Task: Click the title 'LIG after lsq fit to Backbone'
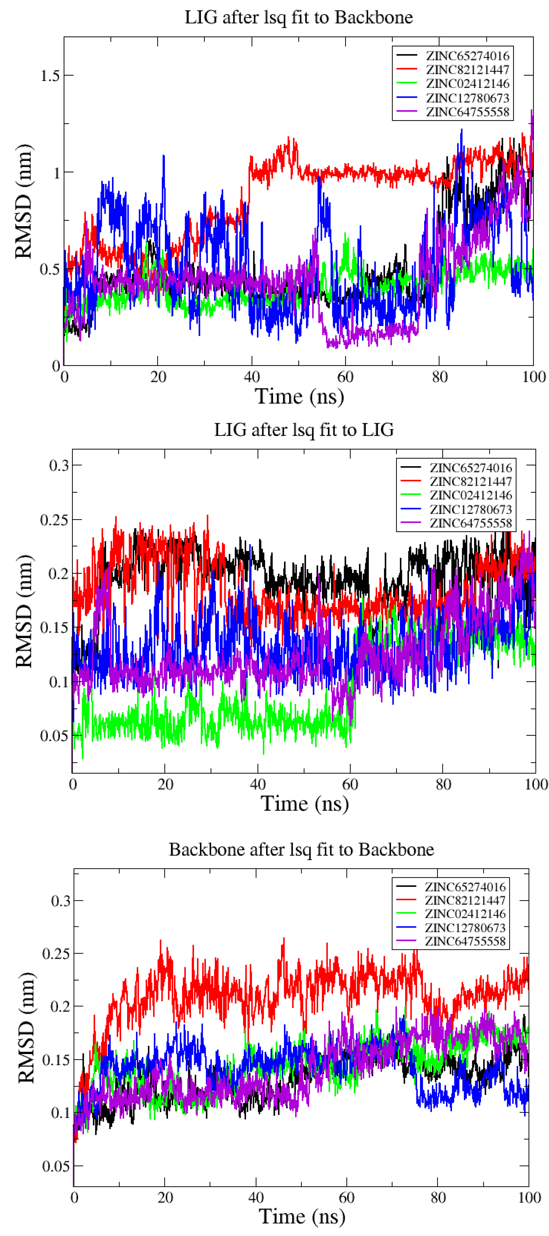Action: [x=299, y=17]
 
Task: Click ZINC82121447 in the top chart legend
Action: [x=467, y=69]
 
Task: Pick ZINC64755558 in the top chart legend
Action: [x=467, y=112]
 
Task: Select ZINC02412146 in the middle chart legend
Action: [x=470, y=495]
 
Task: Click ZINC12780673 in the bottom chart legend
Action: [x=464, y=927]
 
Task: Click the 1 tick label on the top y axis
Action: [x=56, y=172]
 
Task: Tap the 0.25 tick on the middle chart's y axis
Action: [x=54, y=520]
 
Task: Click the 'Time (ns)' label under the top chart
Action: [x=299, y=396]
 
